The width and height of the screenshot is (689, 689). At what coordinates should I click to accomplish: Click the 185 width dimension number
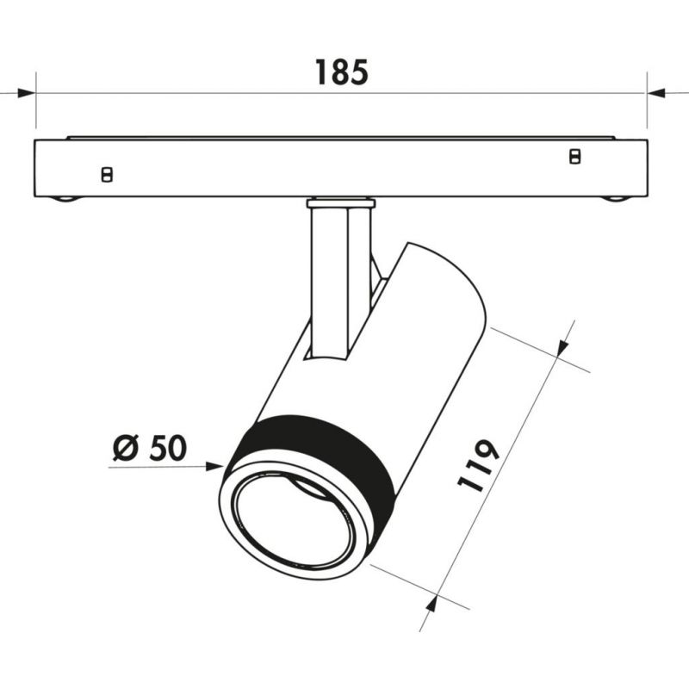click(x=341, y=72)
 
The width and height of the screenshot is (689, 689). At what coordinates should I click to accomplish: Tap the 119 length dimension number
click(x=479, y=467)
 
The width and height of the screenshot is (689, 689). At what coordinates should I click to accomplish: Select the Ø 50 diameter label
click(x=150, y=448)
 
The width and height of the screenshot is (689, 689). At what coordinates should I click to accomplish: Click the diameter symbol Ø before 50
click(x=126, y=448)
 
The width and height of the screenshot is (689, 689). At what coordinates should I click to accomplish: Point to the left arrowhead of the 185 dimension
click(x=26, y=93)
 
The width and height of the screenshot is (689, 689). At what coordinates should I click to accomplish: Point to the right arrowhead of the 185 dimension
click(x=656, y=93)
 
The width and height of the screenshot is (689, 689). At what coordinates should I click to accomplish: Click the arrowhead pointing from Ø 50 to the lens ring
click(x=215, y=467)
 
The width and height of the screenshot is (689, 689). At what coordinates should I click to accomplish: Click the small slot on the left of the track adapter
click(x=107, y=175)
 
